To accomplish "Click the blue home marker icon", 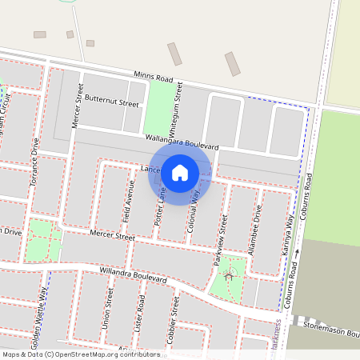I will pos(180,172).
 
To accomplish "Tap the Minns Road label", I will pos(153,76).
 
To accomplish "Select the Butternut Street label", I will pos(112,102).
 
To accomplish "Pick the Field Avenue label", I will pos(130,200).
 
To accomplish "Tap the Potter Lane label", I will pos(162,205).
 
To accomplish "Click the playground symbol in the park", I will pos(230,275).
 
